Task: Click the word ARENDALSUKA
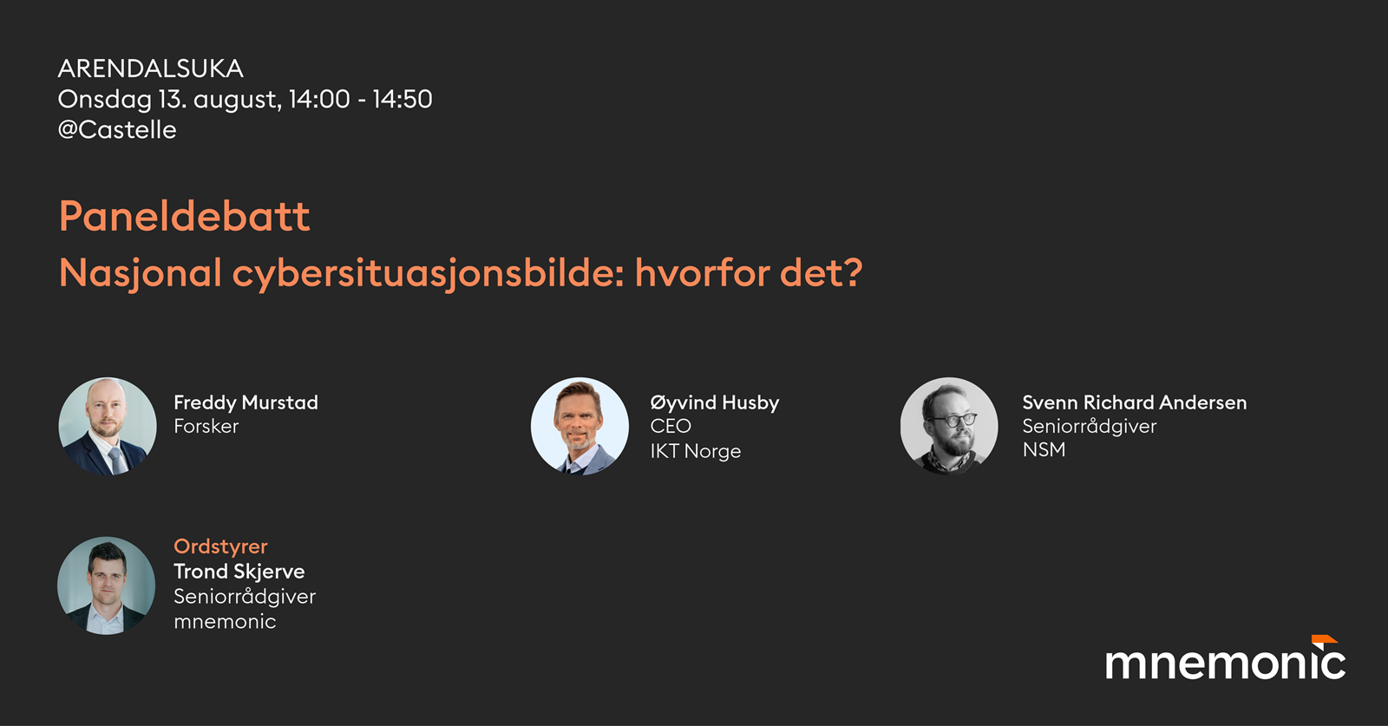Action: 151,69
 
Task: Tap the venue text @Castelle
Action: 117,130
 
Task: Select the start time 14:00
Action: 319,99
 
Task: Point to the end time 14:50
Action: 403,99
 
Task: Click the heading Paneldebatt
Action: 185,216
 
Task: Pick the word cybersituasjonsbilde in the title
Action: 429,273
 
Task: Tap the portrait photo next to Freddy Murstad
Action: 108,426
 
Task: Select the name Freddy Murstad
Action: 246,402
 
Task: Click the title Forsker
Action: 206,426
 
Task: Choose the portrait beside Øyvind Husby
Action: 580,426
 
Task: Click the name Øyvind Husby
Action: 715,402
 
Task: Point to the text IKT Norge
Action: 695,451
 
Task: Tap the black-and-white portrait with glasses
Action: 949,426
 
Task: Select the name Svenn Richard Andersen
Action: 1135,402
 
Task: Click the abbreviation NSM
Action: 1044,449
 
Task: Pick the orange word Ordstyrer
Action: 220,546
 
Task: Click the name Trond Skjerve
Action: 239,571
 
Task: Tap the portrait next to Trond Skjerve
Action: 107,585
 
